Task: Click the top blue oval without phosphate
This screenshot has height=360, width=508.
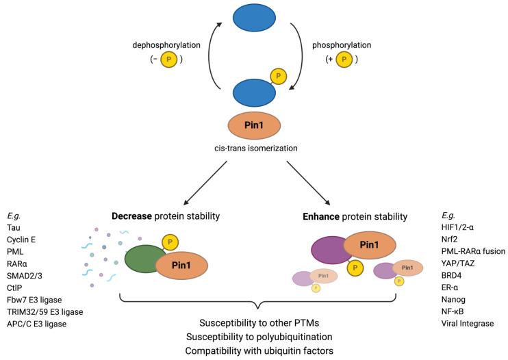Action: click(x=255, y=19)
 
